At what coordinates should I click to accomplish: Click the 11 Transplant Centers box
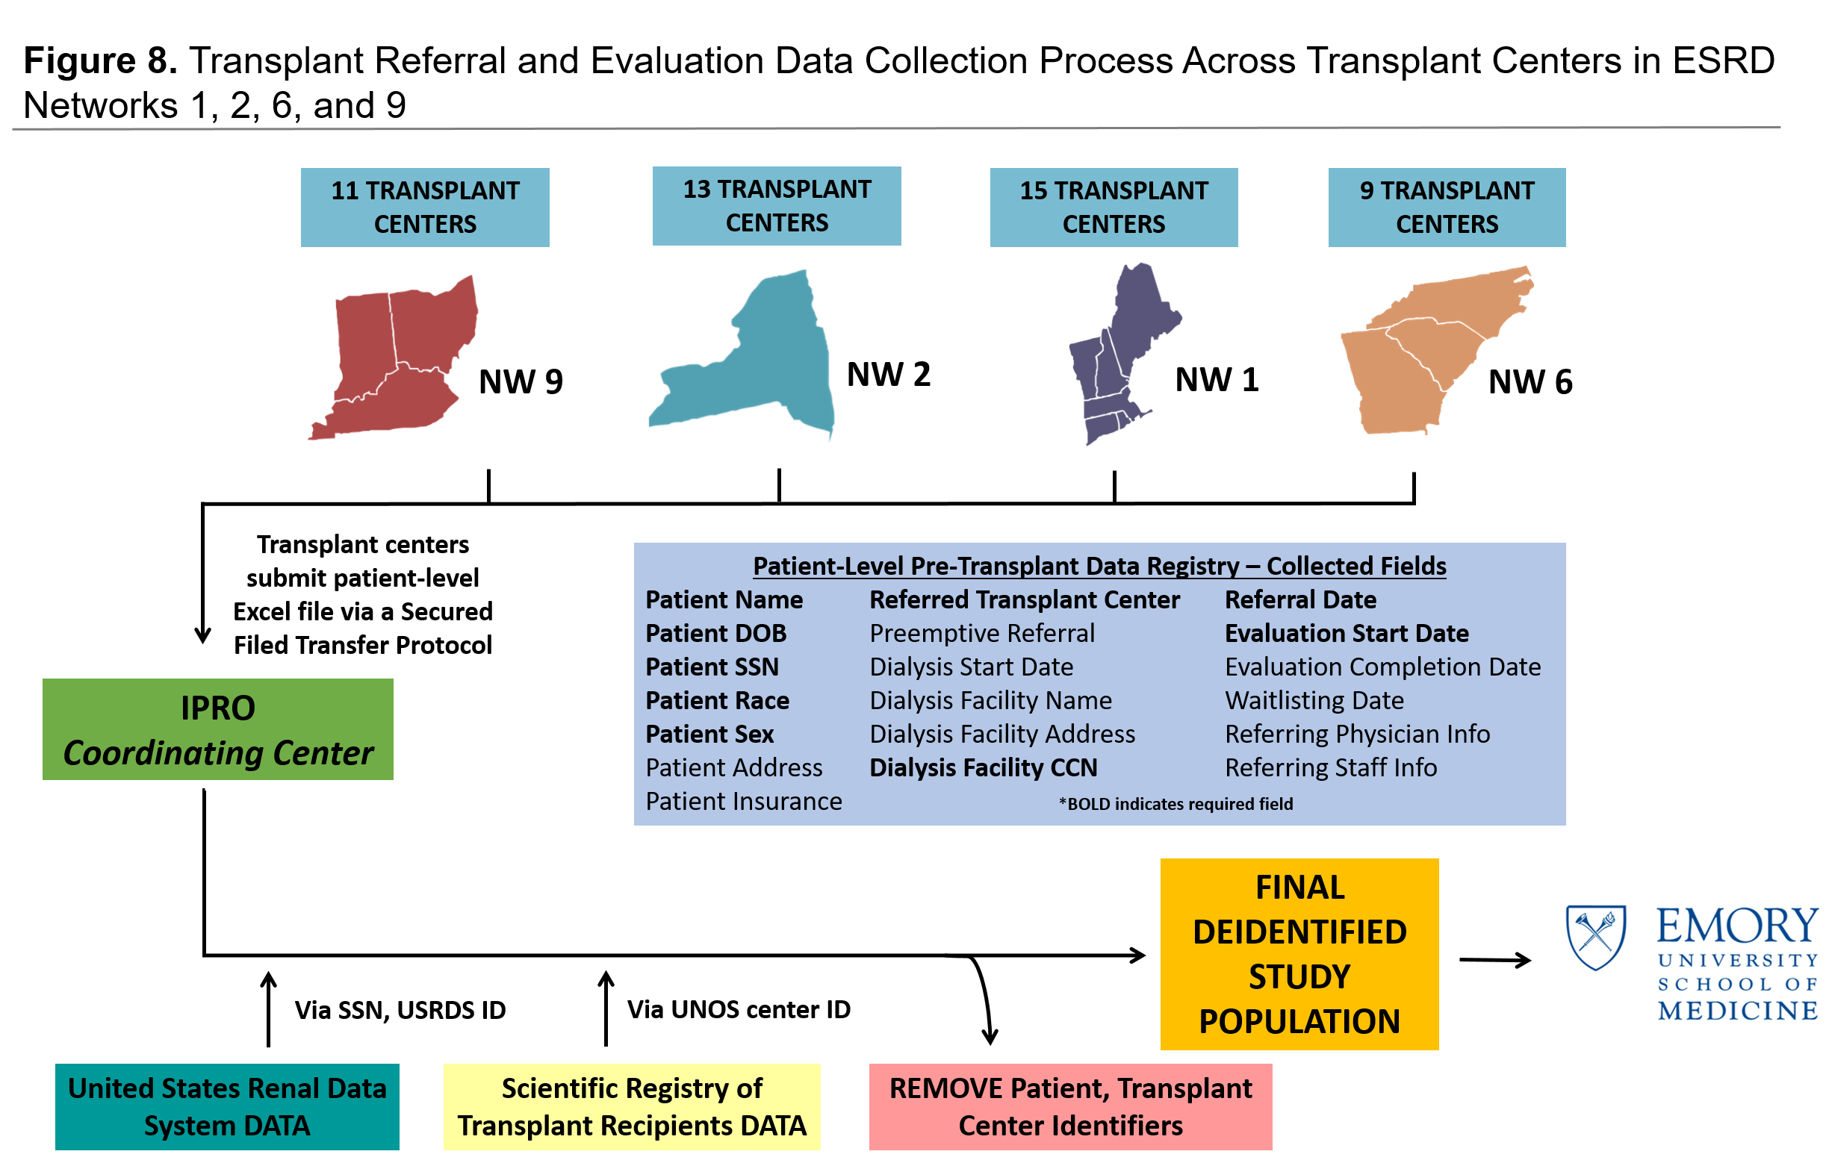pos(425,207)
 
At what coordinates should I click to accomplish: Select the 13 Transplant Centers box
pos(777,205)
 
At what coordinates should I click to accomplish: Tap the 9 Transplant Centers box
pos(1447,207)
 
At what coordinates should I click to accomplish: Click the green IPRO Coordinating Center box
pos(217,729)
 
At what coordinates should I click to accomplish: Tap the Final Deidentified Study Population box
pos(1299,954)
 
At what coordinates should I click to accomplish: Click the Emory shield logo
pos(1596,937)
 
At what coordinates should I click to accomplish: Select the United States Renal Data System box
pos(228,1107)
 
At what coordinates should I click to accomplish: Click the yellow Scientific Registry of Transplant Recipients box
pos(632,1107)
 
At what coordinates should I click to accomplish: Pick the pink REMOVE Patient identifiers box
pos(1071,1107)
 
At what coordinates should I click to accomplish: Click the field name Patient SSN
pos(712,667)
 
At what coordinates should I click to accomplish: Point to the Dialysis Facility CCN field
pos(984,768)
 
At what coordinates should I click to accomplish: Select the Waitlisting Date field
pos(1314,700)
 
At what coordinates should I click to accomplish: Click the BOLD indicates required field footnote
pos(1176,804)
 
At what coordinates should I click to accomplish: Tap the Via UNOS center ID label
pos(739,1010)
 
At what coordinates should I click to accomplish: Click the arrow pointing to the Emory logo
pos(1495,960)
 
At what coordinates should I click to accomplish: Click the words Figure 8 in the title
pos(100,60)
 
